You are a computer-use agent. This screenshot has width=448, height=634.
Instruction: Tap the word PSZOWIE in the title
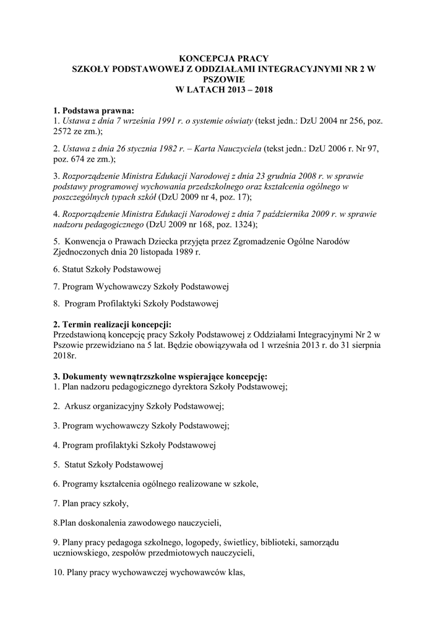pyautogui.click(x=224, y=79)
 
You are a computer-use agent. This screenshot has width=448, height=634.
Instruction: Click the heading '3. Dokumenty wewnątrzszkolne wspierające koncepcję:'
pyautogui.click(x=160, y=376)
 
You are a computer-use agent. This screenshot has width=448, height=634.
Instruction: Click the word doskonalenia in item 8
pyautogui.click(x=108, y=523)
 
